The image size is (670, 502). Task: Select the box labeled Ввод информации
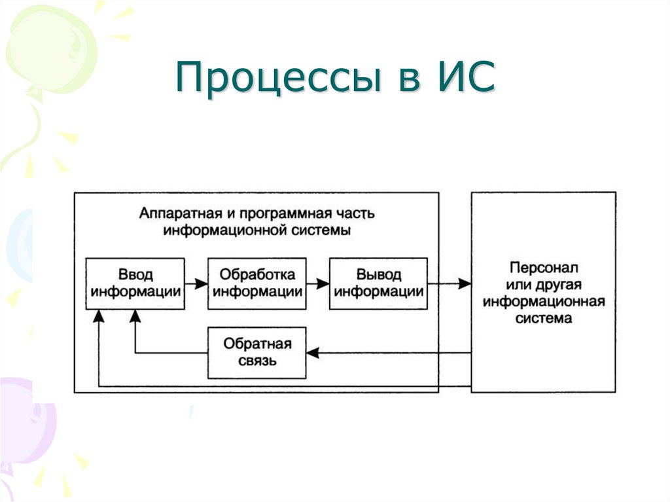pos(135,283)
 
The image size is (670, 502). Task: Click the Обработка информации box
pos(256,283)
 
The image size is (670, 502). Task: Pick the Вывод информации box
pos(379,283)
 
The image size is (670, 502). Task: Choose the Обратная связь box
pos(256,351)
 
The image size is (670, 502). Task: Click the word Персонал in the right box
pos(543,268)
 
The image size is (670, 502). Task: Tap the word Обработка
pos(256,275)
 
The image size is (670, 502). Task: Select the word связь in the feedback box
pos(256,360)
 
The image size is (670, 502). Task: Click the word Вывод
pos(379,275)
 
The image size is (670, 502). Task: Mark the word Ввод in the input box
pos(135,275)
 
